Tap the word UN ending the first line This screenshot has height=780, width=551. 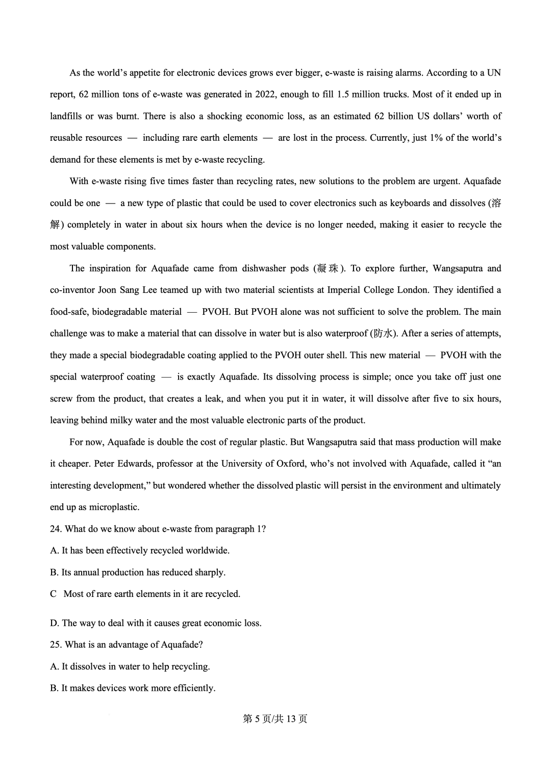tap(494, 72)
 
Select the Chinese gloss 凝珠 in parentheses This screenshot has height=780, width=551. tap(327, 268)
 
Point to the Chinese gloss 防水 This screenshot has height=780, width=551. tap(383, 334)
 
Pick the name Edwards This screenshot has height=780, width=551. tap(136, 464)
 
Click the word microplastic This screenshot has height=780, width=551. tap(114, 507)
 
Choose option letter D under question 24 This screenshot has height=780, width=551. tap(54, 623)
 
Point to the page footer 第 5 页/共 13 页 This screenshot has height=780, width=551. tap(275, 719)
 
